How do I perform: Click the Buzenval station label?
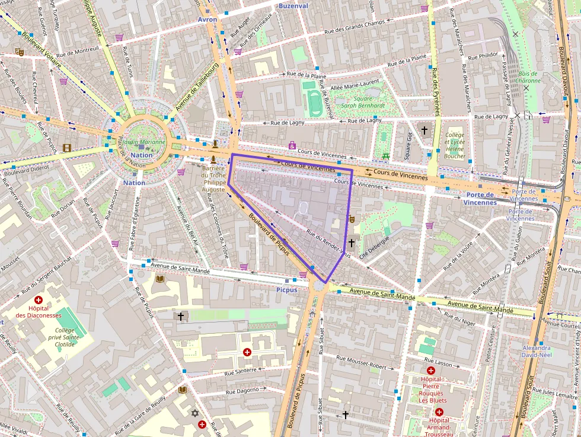tap(293, 6)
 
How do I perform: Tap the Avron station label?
tap(207, 20)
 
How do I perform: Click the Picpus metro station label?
tap(286, 290)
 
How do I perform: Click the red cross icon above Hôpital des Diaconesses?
tap(39, 301)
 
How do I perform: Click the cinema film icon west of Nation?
tap(67, 148)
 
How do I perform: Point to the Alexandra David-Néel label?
tap(536, 352)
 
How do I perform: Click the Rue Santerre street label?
tap(240, 372)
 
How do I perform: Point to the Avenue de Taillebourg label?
tap(197, 86)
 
